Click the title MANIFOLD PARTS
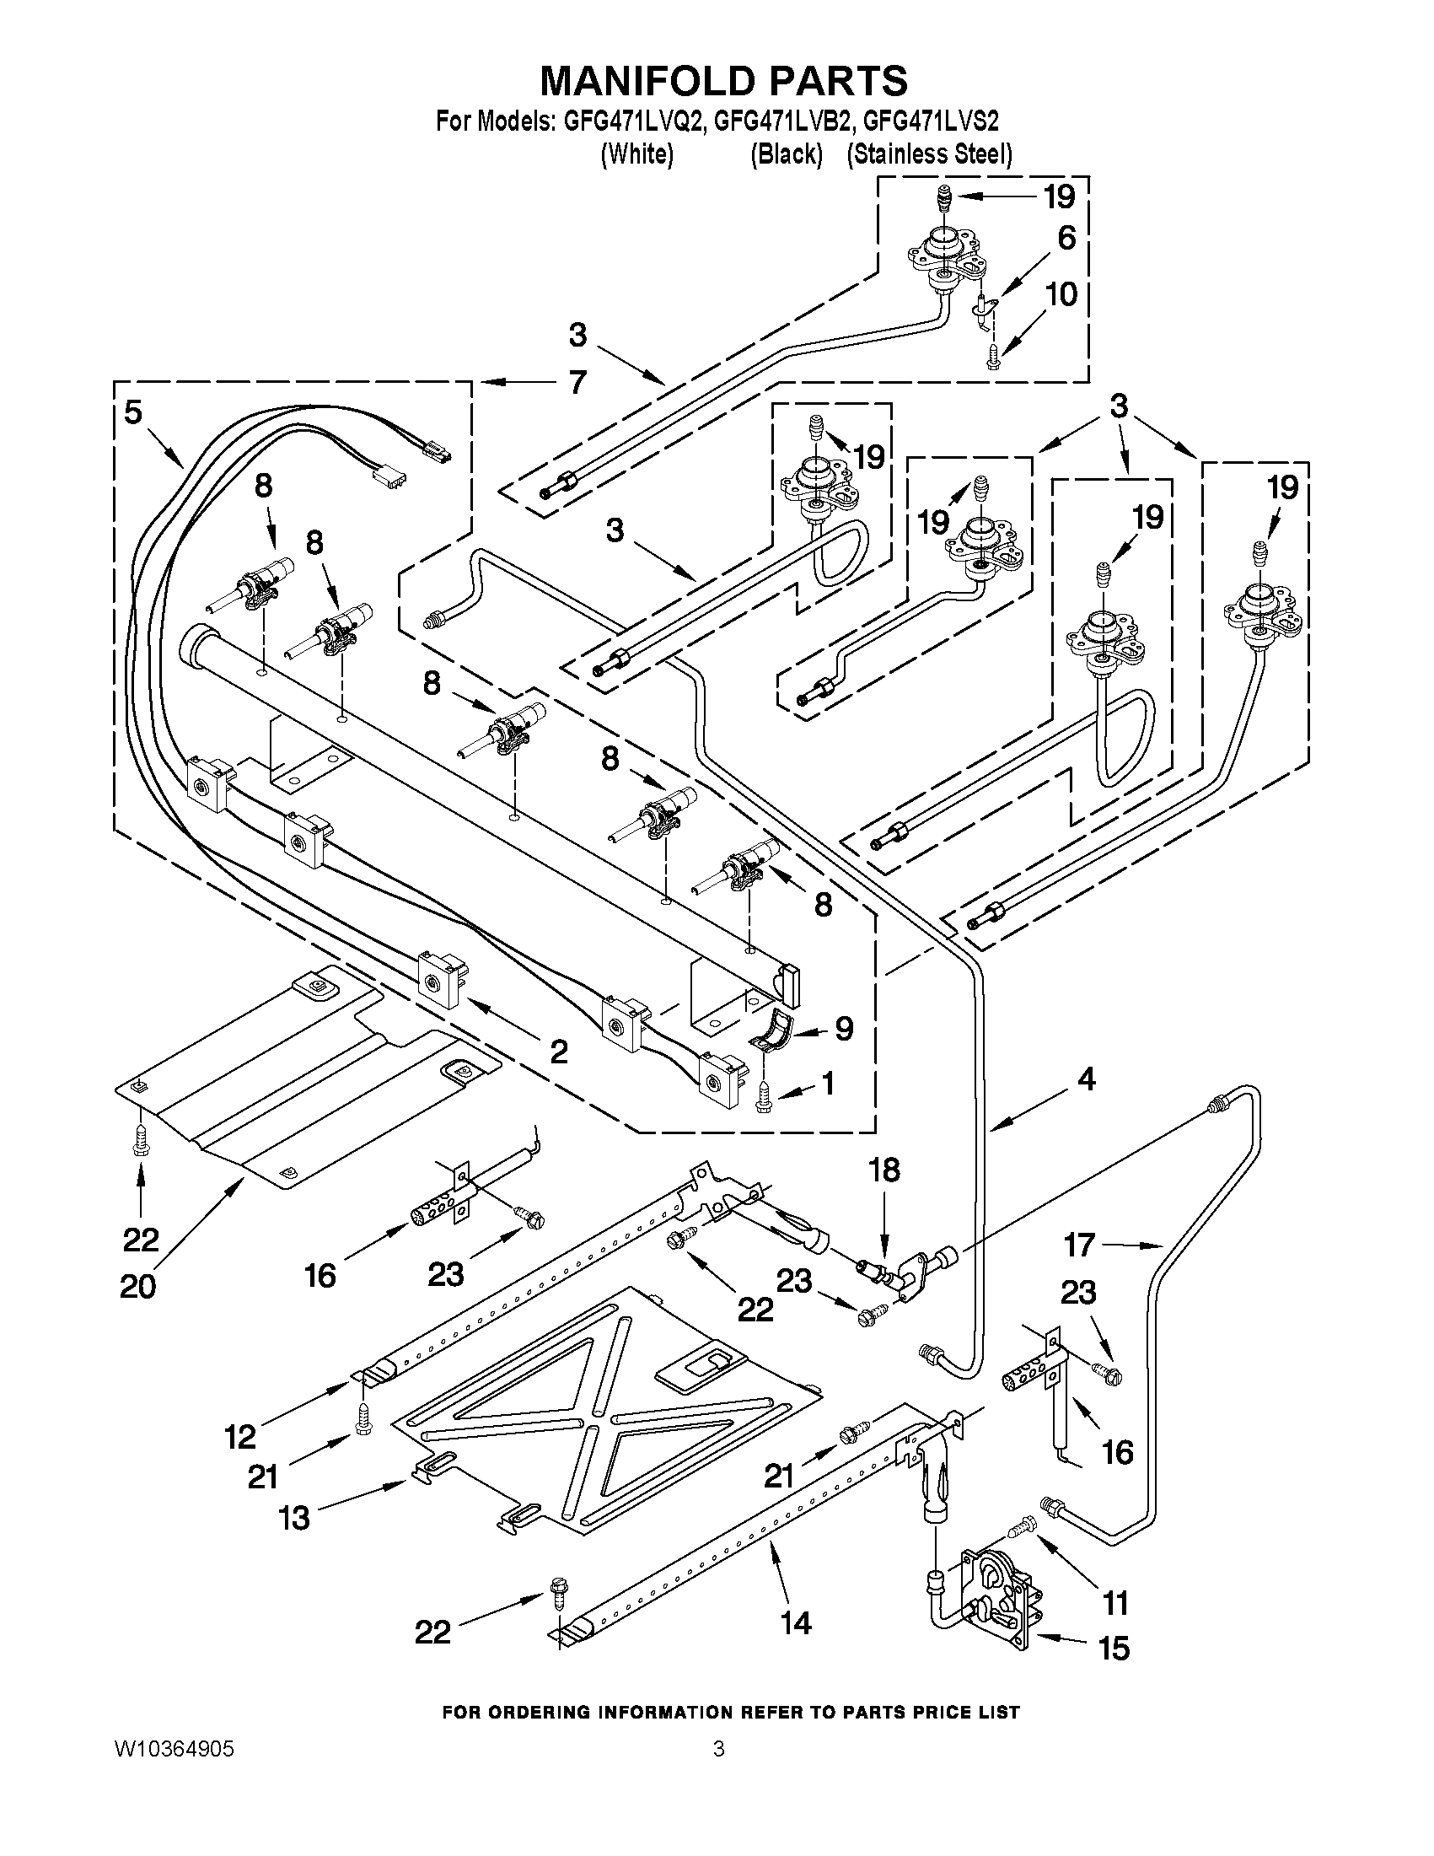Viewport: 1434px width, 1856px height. (x=724, y=81)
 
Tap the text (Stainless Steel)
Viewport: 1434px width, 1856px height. (x=929, y=154)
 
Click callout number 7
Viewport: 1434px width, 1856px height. (x=577, y=383)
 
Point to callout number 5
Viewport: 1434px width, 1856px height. (x=133, y=412)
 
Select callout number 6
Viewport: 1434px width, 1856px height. (x=1067, y=238)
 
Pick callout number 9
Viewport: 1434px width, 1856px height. (x=844, y=1029)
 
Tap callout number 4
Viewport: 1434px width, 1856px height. (x=1087, y=1079)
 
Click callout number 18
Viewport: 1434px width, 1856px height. (x=883, y=1170)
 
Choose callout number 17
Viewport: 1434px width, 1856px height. (x=1079, y=1245)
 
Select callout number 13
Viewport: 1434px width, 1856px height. (x=295, y=1518)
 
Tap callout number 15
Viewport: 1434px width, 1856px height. (x=1114, y=1649)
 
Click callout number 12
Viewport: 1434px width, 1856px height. (x=240, y=1437)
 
